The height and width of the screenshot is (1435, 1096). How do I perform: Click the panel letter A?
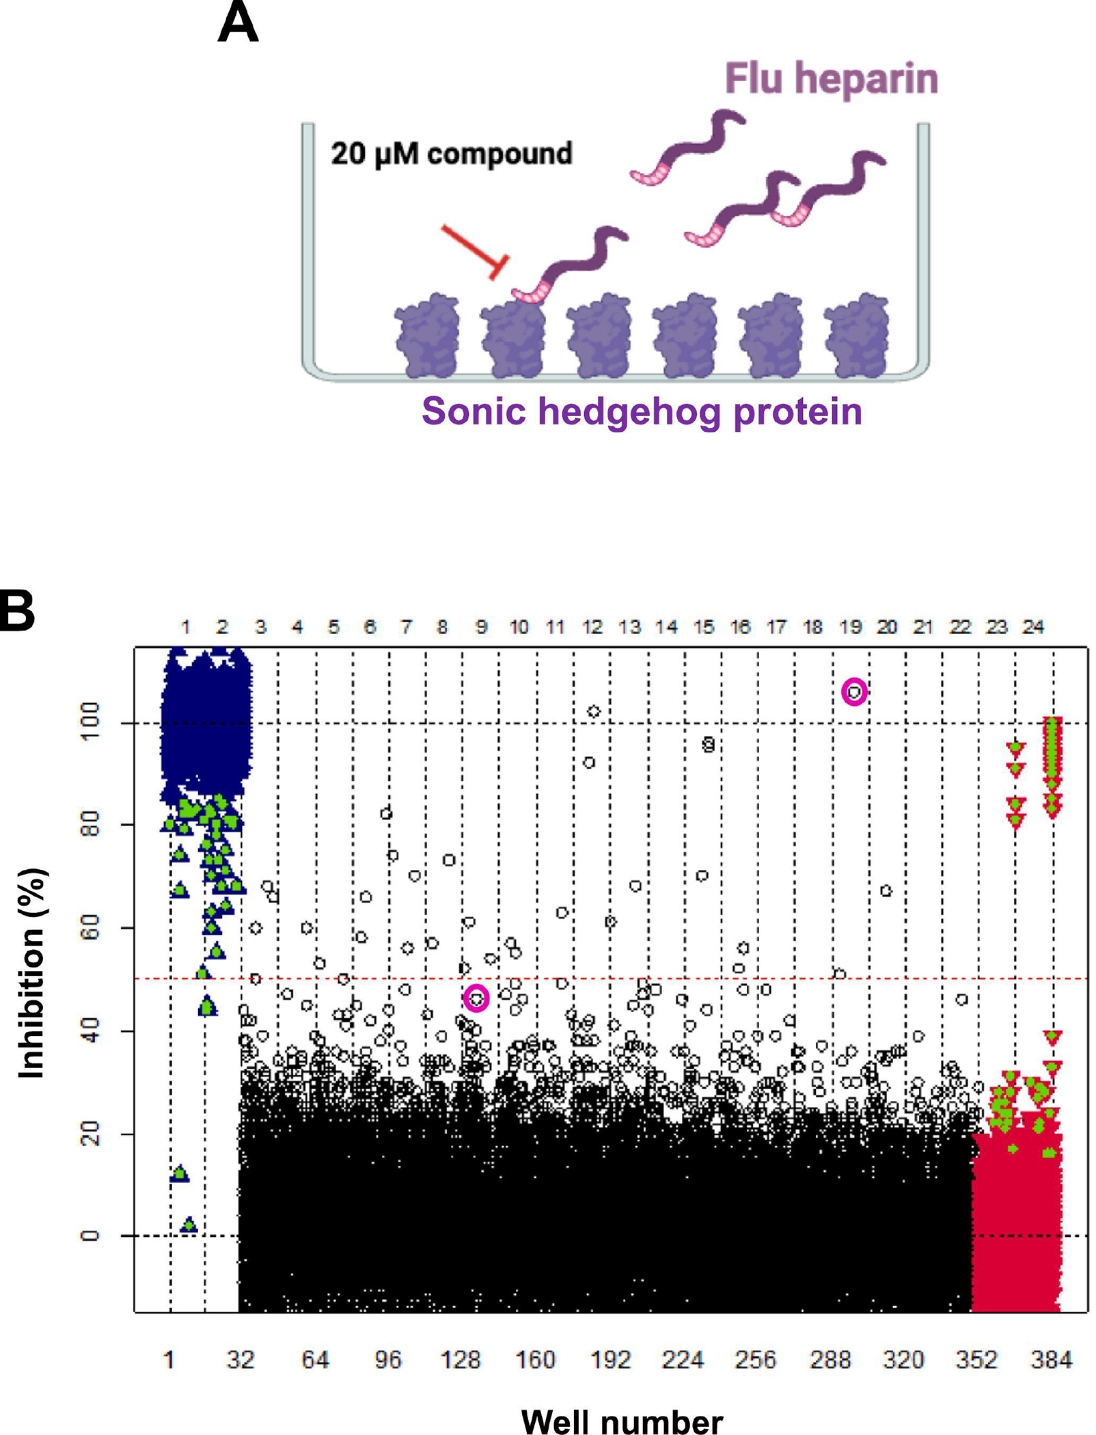coord(238,22)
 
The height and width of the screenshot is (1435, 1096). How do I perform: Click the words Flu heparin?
coord(831,79)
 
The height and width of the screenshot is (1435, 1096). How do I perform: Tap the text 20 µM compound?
coord(451,154)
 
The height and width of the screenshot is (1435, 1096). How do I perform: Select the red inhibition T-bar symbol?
coord(475,251)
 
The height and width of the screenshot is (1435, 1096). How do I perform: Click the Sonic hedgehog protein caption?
coord(642,411)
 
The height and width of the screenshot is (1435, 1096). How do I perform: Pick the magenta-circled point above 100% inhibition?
coord(854,692)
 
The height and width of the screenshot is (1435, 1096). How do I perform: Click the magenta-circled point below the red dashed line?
coord(476,998)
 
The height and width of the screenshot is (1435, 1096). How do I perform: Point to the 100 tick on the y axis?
coord(90,723)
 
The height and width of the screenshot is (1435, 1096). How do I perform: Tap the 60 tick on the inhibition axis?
coord(90,928)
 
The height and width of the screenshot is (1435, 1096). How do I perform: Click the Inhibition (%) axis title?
coord(31,974)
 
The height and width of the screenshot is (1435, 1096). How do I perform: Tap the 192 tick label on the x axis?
coord(609,1360)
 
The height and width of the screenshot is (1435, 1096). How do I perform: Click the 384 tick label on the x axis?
coord(1051,1360)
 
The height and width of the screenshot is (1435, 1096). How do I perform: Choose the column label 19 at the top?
coord(850,627)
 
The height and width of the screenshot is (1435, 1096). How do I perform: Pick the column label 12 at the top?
coord(592,627)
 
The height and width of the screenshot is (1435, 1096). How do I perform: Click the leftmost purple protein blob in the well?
coord(428,336)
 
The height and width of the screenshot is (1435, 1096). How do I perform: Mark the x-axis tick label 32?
coord(241,1360)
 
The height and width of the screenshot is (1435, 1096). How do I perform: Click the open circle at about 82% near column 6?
coord(386,814)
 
